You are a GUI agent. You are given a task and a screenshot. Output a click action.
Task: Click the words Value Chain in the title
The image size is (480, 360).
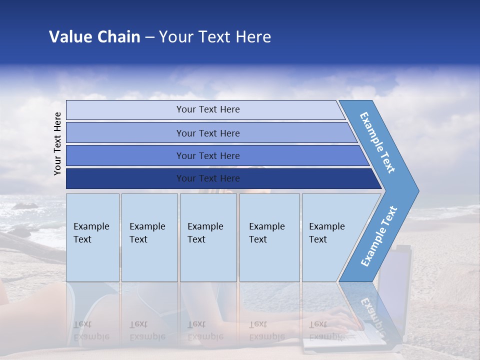point(94,37)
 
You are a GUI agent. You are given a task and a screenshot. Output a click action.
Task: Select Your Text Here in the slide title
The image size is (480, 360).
point(215,37)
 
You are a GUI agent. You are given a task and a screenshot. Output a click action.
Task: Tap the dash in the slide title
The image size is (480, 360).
point(149,37)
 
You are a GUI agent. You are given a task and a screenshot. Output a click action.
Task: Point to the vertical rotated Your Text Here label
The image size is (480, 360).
point(57,143)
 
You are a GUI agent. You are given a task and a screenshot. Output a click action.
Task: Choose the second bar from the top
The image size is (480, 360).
point(208,133)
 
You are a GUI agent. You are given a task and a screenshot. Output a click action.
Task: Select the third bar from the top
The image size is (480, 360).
point(208,155)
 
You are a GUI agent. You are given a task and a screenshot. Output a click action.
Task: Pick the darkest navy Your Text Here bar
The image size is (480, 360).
point(208,178)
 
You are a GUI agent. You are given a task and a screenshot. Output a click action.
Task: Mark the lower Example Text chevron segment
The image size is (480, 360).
point(378,236)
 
